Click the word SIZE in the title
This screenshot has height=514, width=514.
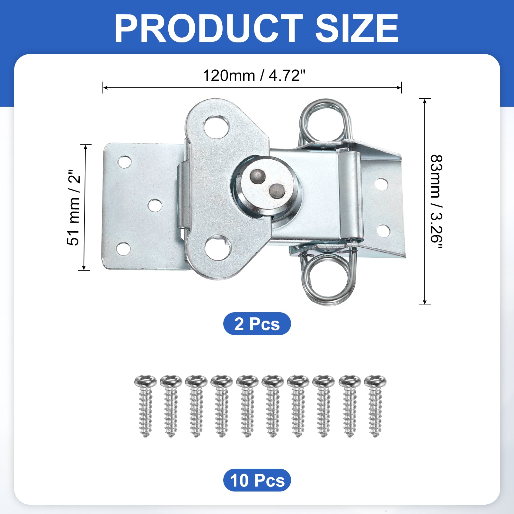pyautogui.click(x=357, y=28)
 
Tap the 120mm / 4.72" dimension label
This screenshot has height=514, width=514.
pyautogui.click(x=254, y=76)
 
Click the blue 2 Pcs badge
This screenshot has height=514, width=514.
pyautogui.click(x=257, y=323)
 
